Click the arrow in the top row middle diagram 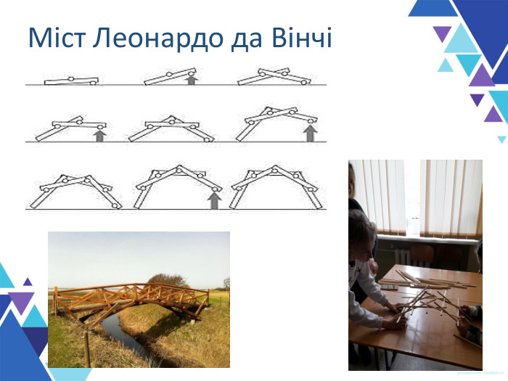point(191,80)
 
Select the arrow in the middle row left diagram point(100,134)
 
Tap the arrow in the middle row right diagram point(311,133)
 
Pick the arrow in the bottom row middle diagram point(214,200)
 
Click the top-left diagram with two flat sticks point(70,81)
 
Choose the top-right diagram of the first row point(274,76)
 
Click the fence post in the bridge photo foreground point(86,348)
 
